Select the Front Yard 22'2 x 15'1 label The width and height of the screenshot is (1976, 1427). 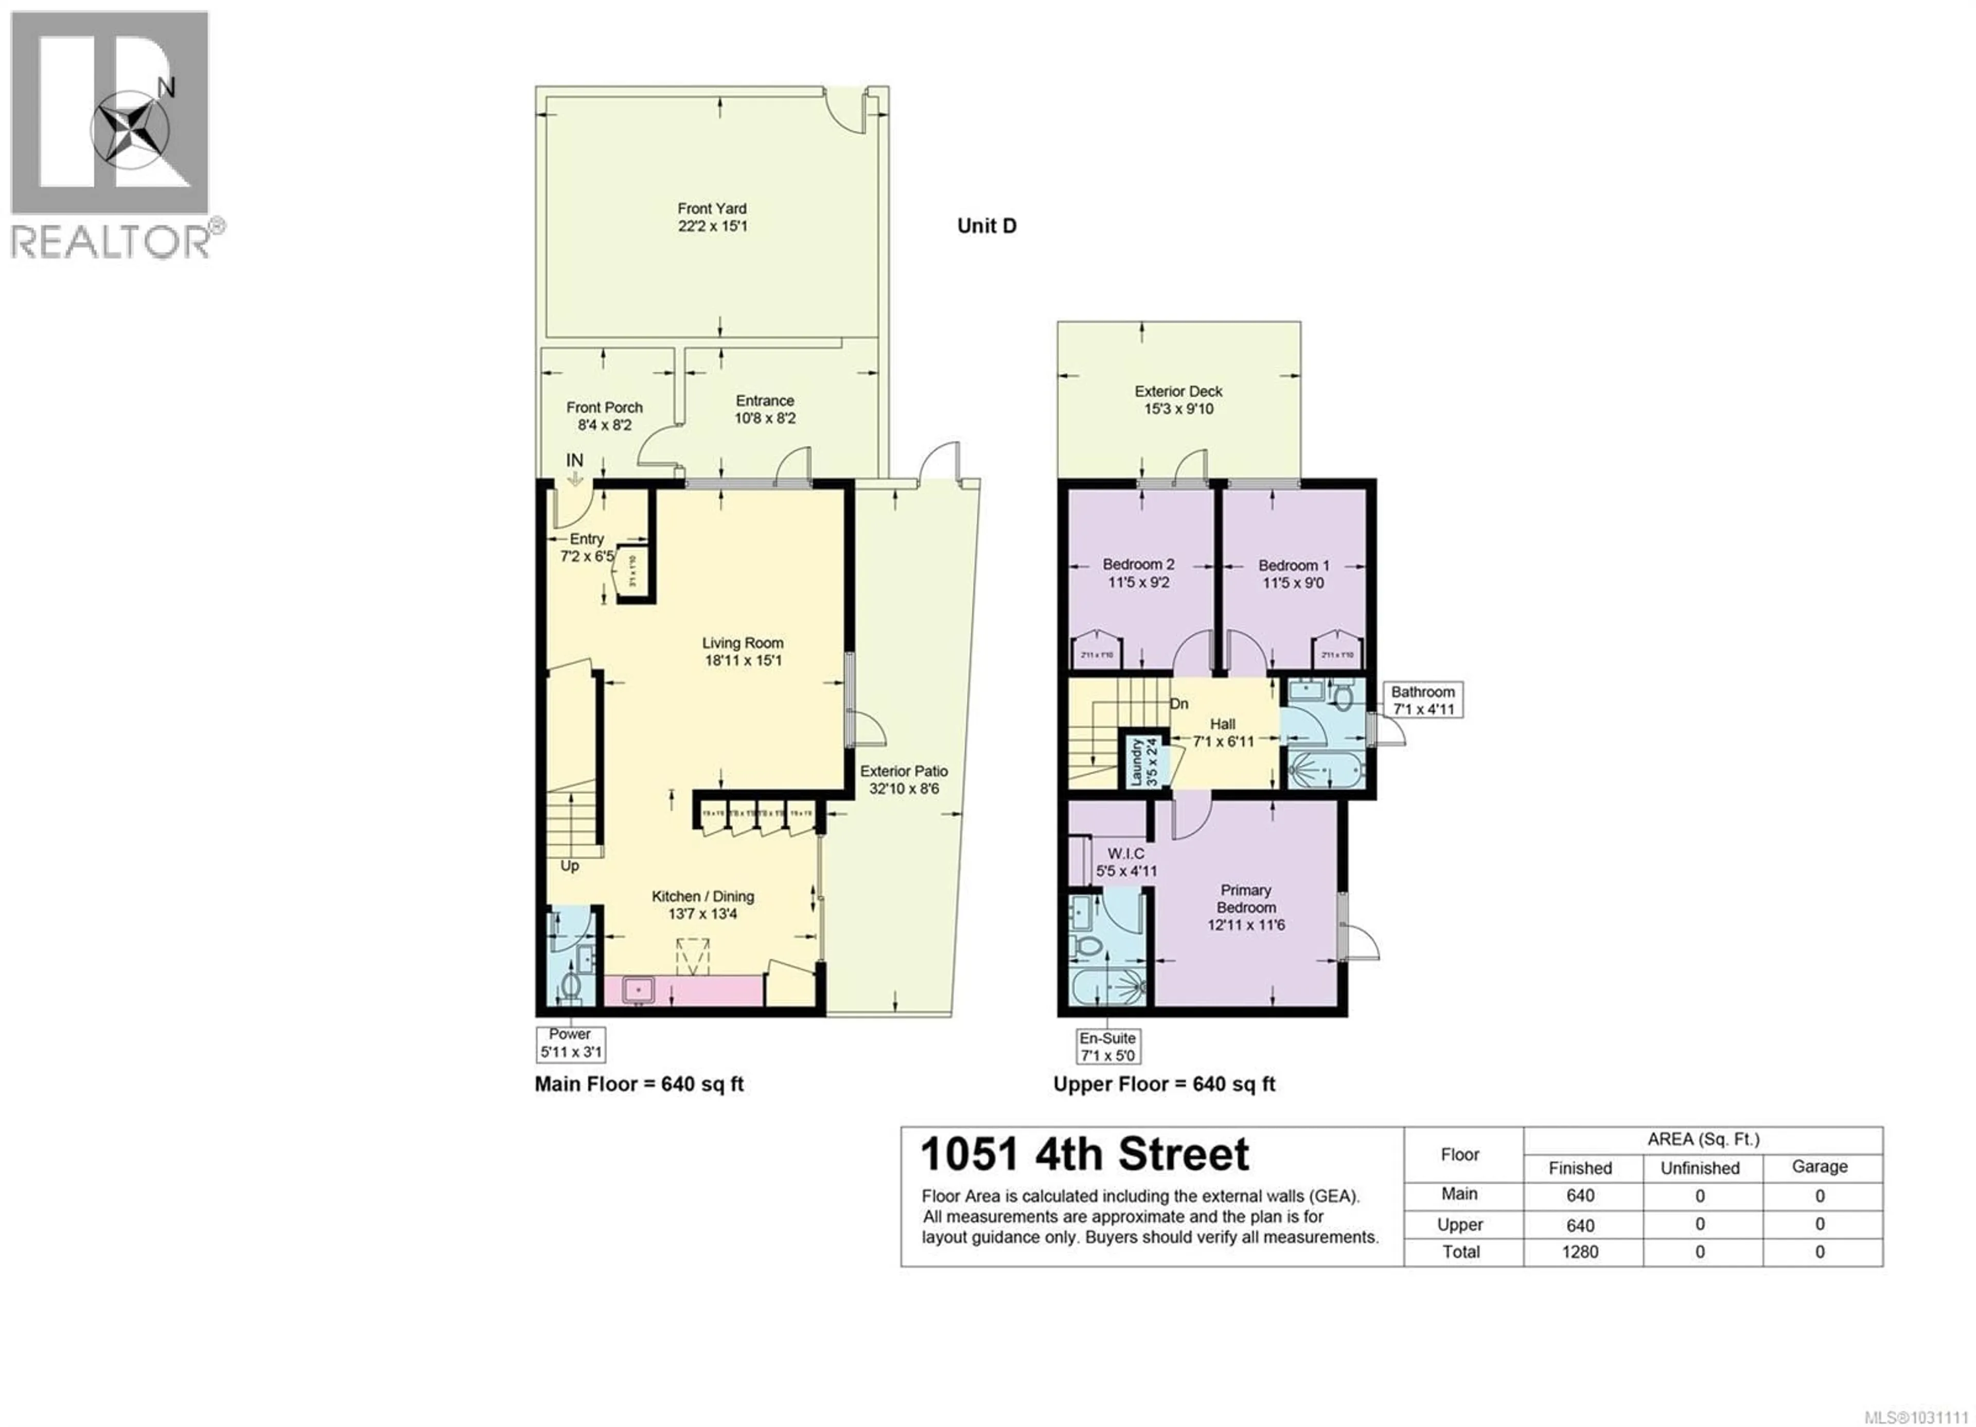click(x=712, y=217)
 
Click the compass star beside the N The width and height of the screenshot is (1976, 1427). click(x=131, y=129)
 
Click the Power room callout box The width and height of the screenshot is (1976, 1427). click(x=571, y=1042)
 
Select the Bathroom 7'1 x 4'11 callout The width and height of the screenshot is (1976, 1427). click(x=1423, y=700)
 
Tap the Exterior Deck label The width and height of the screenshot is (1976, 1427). click(x=1178, y=400)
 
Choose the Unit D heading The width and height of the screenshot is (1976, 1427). click(x=986, y=226)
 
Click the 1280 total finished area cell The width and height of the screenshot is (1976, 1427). click(x=1580, y=1252)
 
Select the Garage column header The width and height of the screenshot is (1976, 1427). click(x=1819, y=1167)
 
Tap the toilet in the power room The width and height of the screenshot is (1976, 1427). click(x=571, y=986)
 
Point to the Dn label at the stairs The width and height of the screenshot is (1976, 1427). click(x=1178, y=704)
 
